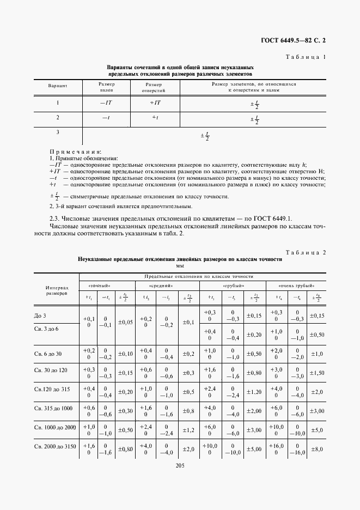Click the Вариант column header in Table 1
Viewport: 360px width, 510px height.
pyautogui.click(x=58, y=87)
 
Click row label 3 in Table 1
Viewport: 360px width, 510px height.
pyautogui.click(x=58, y=132)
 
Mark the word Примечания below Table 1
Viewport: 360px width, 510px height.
pyautogui.click(x=75, y=151)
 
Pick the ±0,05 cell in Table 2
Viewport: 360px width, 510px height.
pyautogui.click(x=125, y=323)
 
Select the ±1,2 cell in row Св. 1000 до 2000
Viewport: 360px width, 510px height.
pyautogui.click(x=188, y=430)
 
